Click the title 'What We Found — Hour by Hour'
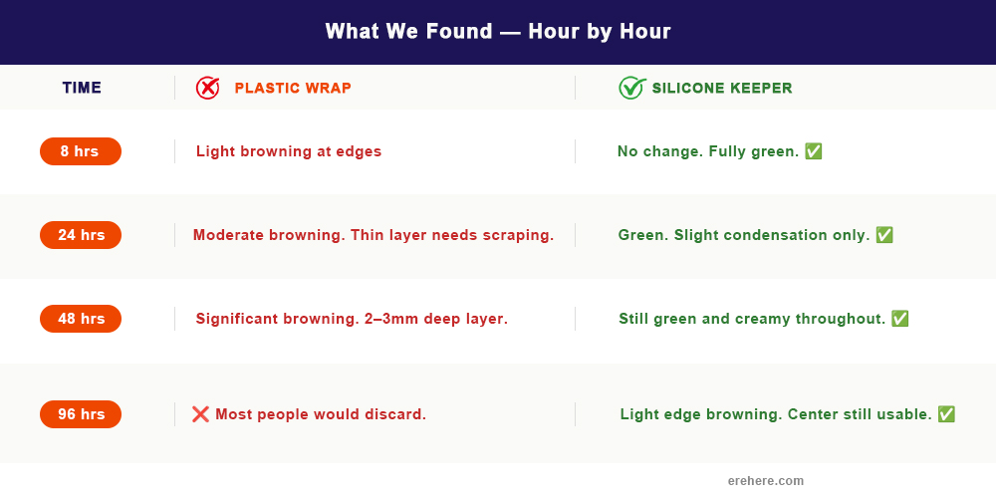[x=498, y=32]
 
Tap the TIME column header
[x=82, y=88]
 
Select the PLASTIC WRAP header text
[x=293, y=88]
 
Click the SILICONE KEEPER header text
[x=722, y=88]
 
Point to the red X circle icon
[x=207, y=88]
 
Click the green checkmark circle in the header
[x=631, y=88]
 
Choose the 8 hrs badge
[x=81, y=151]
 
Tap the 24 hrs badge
[x=81, y=235]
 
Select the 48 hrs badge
[x=81, y=319]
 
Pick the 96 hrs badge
[x=81, y=414]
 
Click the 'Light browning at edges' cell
[x=289, y=151]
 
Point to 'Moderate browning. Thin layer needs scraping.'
[x=373, y=235]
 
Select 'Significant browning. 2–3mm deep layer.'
[x=352, y=319]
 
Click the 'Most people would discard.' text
[x=321, y=414]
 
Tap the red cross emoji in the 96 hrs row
[x=200, y=414]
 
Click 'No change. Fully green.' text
[x=708, y=151]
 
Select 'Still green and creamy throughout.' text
[x=752, y=319]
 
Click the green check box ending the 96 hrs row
[x=946, y=414]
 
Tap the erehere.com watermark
[x=765, y=481]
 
